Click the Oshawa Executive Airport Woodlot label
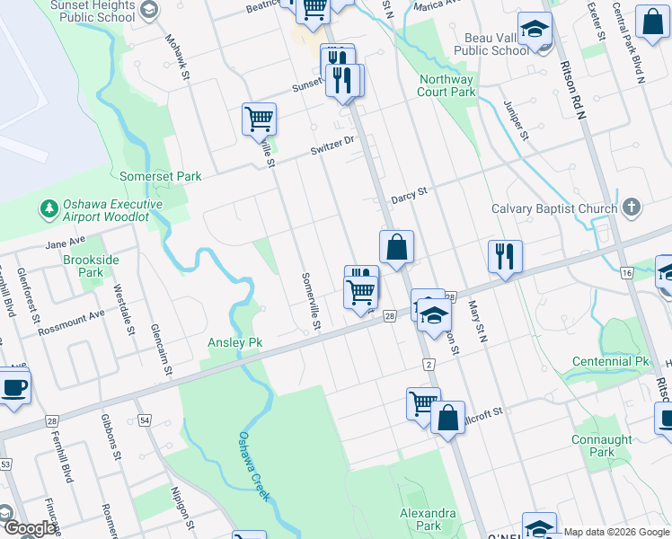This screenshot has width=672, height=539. [x=112, y=210]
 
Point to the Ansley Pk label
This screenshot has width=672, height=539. [x=234, y=342]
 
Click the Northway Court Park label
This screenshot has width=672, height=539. [x=447, y=85]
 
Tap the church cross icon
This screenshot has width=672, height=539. [x=632, y=208]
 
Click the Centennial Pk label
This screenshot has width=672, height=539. [x=610, y=362]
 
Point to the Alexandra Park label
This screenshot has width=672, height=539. [x=427, y=519]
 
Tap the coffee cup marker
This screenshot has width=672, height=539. [x=13, y=387]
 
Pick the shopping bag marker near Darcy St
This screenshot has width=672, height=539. [x=396, y=247]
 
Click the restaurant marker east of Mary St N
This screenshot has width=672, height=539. [x=505, y=257]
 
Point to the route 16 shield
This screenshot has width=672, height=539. [x=626, y=272]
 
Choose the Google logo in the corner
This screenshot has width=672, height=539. [x=30, y=529]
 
